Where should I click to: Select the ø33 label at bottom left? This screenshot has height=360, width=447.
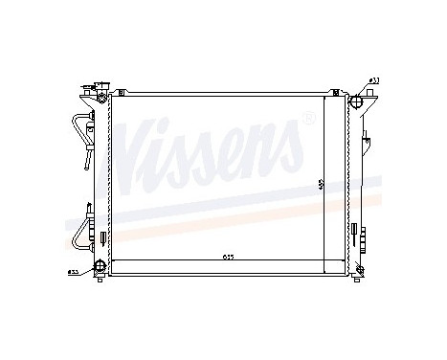[73, 272]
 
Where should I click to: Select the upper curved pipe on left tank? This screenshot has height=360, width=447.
[78, 134]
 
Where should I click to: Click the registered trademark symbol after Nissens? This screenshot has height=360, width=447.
[307, 118]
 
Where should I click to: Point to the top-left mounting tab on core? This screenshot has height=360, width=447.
[121, 92]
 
